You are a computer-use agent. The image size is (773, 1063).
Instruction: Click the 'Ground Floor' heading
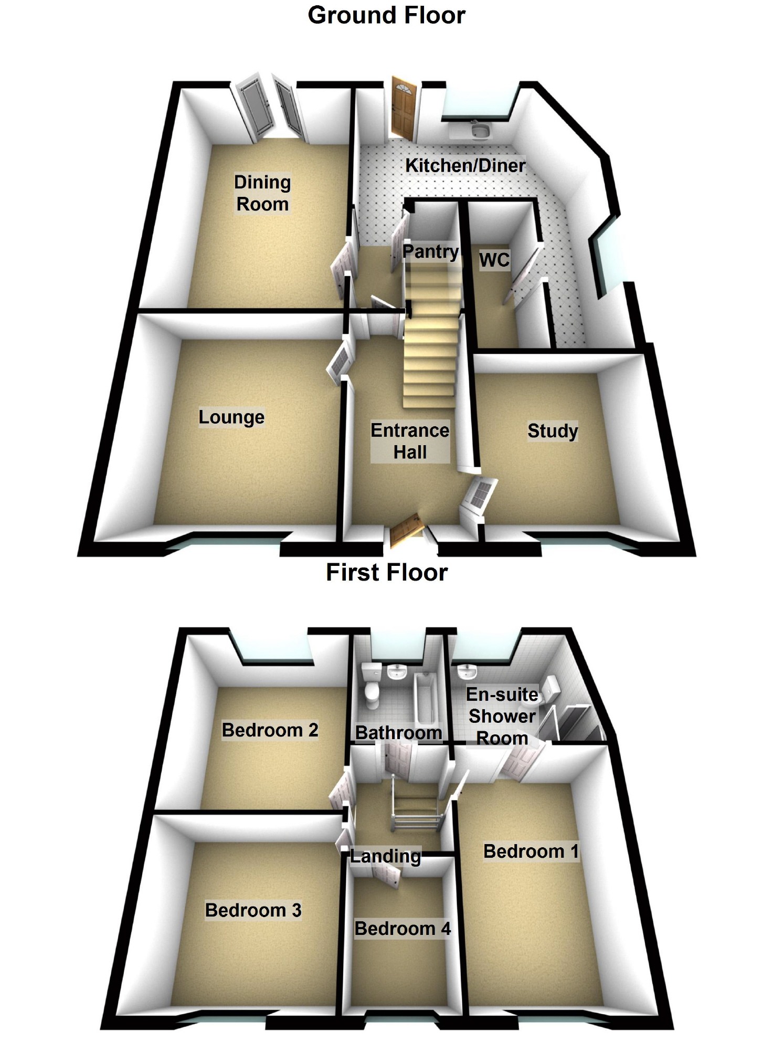(x=386, y=15)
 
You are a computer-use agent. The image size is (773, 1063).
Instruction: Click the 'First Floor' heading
(x=387, y=572)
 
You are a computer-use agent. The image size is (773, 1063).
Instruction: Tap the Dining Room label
(x=262, y=193)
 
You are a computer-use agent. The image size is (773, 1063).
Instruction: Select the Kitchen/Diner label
(x=465, y=165)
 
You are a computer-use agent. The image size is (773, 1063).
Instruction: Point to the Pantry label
(x=430, y=251)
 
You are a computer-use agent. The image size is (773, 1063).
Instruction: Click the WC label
(x=494, y=260)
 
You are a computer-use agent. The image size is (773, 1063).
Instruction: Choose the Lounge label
(x=231, y=417)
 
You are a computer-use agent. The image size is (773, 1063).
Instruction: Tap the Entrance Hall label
(x=410, y=441)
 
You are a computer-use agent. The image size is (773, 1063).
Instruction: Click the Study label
(x=553, y=431)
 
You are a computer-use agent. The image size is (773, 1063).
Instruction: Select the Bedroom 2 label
(x=270, y=730)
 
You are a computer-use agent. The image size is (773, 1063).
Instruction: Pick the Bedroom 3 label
(x=253, y=910)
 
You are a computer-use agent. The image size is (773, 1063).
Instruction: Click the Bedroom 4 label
(x=403, y=929)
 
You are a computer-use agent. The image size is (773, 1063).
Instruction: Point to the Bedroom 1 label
(x=531, y=851)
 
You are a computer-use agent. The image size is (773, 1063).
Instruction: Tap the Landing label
(x=385, y=857)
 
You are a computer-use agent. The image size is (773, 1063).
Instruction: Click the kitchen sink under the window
(x=479, y=130)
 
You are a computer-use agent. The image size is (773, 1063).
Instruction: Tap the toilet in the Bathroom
(x=372, y=683)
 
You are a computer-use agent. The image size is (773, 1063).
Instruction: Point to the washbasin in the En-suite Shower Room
(x=465, y=671)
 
